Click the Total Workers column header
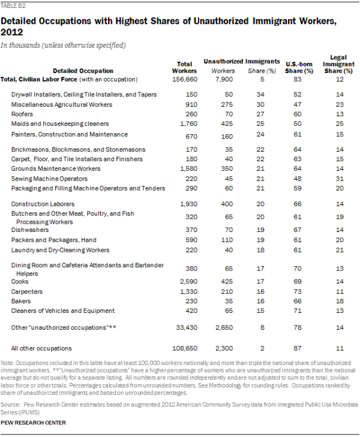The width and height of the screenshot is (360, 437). coord(185,67)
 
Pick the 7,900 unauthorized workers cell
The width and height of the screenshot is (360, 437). coord(223,80)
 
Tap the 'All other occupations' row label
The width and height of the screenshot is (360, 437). coord(41,348)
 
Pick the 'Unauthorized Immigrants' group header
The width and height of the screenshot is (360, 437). coord(242,62)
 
